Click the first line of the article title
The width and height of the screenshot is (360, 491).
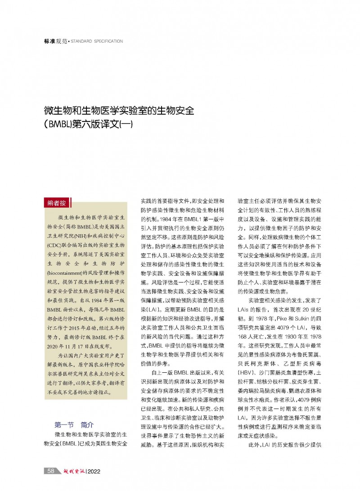119,111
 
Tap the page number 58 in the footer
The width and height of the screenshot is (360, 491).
51,471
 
